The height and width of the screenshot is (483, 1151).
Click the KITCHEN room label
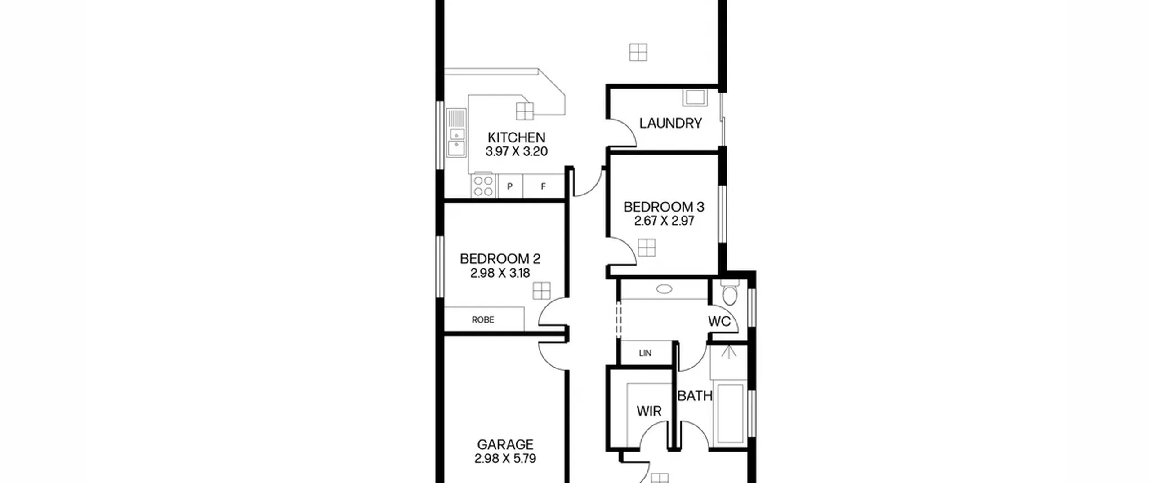[516, 137]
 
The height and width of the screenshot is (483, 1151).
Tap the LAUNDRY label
[670, 123]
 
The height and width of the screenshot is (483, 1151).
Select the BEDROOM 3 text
[664, 207]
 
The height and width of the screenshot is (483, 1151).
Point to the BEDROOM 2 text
[500, 259]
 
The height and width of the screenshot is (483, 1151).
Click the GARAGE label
[505, 444]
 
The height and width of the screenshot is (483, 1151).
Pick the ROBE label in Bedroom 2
[483, 319]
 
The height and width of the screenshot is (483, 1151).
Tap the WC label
[719, 321]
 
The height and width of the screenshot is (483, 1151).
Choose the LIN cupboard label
[645, 353]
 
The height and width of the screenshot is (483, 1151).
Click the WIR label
[649, 411]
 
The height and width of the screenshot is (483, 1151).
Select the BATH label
[695, 396]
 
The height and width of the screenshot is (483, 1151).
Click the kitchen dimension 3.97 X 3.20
[517, 151]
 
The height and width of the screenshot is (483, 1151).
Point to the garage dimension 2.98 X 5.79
[505, 458]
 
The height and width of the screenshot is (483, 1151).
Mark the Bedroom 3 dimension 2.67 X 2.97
[664, 221]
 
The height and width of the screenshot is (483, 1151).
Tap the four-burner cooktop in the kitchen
[483, 186]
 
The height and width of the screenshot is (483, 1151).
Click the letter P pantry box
[509, 186]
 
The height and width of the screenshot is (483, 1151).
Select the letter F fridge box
[543, 186]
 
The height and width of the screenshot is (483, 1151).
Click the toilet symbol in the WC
[729, 292]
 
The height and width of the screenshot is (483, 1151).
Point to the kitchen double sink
[456, 133]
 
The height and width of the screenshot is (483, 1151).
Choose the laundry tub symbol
[695, 97]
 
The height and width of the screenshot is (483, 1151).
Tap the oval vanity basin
[664, 289]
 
